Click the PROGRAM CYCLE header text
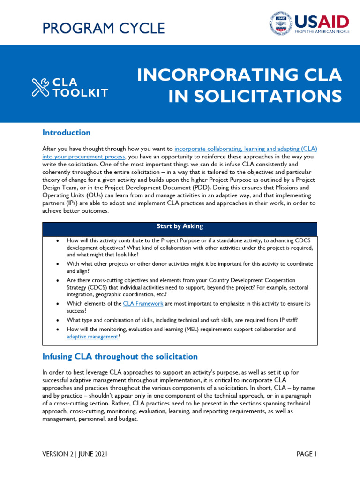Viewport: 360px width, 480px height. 104,29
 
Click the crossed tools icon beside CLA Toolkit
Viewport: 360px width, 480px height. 41,87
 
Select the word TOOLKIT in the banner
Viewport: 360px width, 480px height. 80,93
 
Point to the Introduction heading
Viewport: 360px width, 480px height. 66,133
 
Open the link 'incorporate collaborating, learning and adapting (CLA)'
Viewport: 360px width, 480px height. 246,148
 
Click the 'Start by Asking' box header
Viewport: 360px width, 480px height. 180,226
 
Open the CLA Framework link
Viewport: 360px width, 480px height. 143,304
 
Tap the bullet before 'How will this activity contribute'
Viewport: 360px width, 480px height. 57,240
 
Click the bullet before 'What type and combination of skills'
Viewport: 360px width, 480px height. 57,320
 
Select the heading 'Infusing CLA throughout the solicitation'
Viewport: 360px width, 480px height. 120,357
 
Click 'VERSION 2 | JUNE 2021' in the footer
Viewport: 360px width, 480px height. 77,454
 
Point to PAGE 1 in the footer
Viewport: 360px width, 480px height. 307,454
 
